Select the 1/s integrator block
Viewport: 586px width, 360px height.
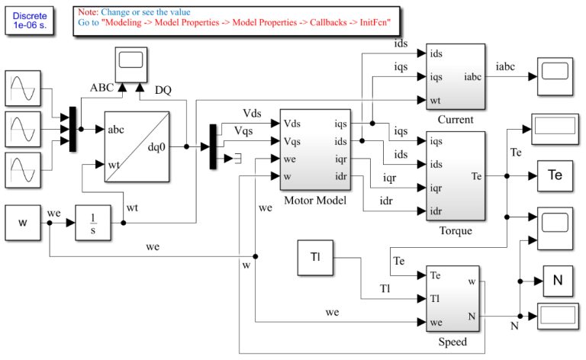(92, 222)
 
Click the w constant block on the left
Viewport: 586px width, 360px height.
(22, 222)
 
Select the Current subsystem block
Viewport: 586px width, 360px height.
(456, 76)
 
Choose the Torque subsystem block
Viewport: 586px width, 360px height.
(456, 175)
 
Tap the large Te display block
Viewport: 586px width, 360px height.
(556, 175)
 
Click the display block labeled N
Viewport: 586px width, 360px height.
(557, 281)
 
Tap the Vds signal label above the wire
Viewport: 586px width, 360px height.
(251, 114)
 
